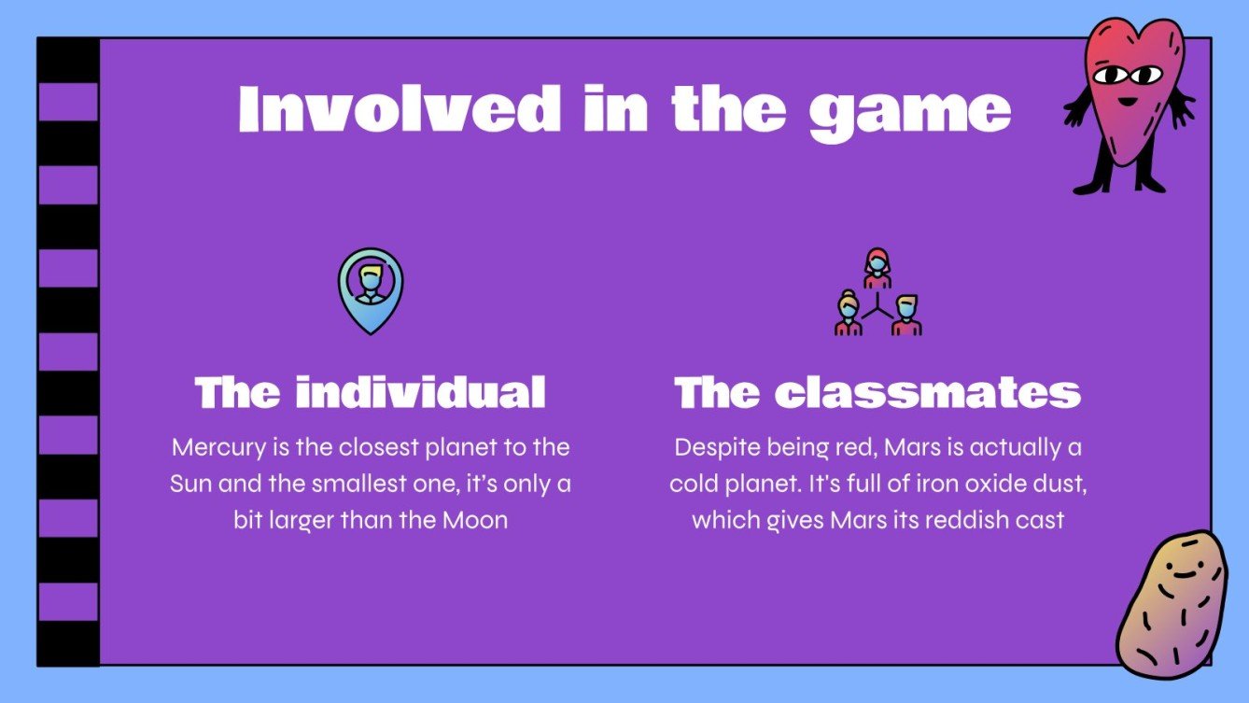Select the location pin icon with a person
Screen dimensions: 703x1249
click(371, 289)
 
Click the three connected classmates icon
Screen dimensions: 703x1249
click(877, 293)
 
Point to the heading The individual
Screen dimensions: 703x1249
click(371, 393)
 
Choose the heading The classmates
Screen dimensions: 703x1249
click(877, 393)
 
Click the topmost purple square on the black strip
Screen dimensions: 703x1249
click(68, 102)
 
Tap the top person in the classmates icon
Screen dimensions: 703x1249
click(877, 266)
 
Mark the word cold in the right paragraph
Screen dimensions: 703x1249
click(694, 484)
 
